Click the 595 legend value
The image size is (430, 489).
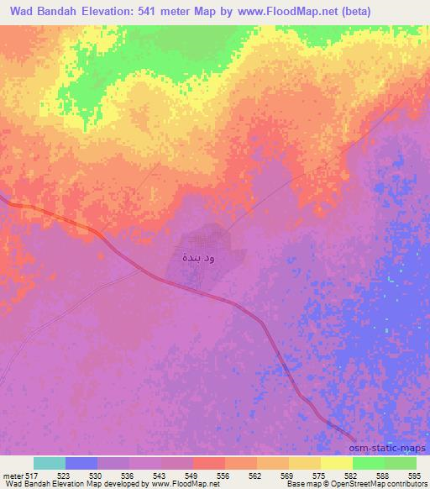(415, 476)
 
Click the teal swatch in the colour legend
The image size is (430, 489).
(50, 463)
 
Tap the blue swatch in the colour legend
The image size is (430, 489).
(81, 463)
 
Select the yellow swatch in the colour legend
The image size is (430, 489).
(336, 463)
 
